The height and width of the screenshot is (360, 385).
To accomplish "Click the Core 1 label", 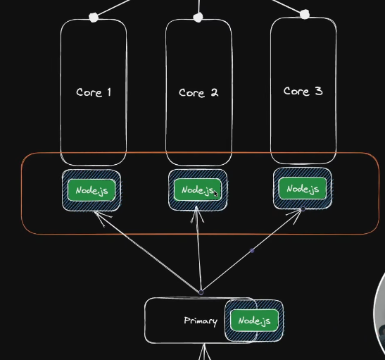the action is click(94, 92).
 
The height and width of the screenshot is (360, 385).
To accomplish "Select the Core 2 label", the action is click(198, 92).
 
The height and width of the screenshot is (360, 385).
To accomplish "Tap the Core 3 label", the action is click(303, 91).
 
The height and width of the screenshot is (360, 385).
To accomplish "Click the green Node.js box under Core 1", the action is click(91, 190).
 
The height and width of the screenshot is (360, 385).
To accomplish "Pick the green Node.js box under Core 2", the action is click(198, 190).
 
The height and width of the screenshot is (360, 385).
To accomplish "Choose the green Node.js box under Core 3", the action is click(303, 189).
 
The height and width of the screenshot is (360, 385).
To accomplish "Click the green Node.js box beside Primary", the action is click(254, 321).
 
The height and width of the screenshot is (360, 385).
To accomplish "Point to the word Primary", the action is click(201, 321).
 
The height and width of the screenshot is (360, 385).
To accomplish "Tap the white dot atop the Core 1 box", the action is click(94, 18).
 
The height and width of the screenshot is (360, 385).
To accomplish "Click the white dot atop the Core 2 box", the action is click(198, 18).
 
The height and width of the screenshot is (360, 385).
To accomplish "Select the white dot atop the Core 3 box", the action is click(305, 15).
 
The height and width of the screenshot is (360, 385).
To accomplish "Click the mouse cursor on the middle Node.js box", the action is click(215, 194).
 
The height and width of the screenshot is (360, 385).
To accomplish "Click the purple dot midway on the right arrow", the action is click(252, 251).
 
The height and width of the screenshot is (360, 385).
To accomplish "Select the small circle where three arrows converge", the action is click(201, 292).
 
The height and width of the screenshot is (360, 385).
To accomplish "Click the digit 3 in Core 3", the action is click(318, 91).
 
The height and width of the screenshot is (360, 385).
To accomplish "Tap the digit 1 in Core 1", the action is click(109, 92).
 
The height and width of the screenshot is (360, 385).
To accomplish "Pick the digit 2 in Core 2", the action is click(214, 92).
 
